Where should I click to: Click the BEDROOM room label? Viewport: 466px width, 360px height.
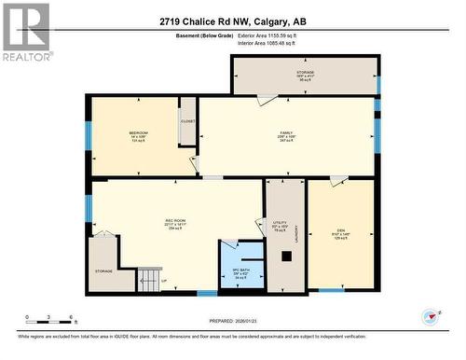tap(139, 133)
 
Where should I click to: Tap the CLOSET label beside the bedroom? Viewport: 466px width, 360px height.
tap(187, 121)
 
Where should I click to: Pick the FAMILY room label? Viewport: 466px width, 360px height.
tap(287, 133)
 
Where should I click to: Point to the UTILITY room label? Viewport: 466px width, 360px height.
tap(280, 224)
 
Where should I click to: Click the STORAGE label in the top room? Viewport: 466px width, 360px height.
tap(305, 71)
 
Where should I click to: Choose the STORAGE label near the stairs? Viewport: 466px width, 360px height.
tap(103, 271)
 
